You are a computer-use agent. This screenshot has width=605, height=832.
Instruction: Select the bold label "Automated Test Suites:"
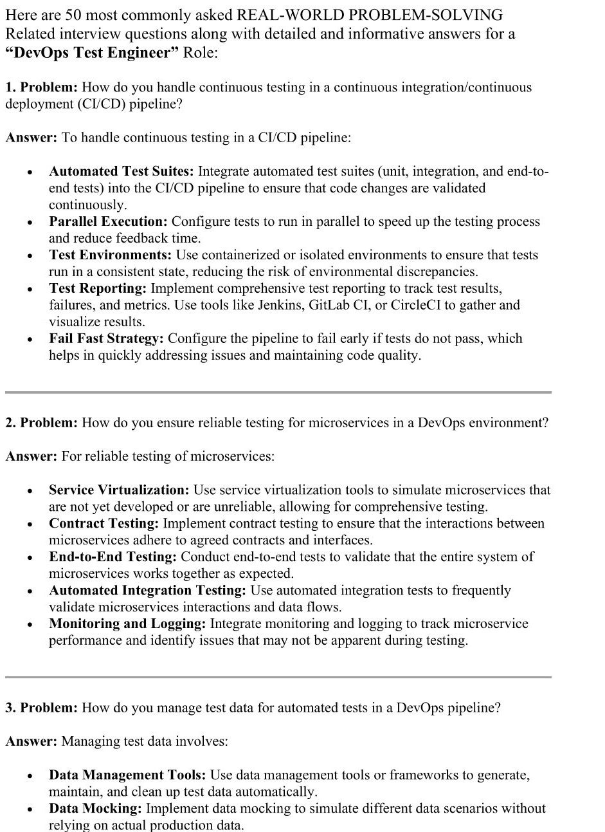click(121, 171)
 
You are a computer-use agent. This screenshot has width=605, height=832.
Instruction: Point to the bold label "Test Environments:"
click(110, 255)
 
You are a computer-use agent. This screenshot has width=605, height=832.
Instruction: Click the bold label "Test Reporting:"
click(98, 288)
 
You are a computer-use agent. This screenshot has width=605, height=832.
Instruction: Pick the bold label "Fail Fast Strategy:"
click(106, 338)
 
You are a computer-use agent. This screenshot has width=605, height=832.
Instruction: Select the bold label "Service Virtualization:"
click(119, 490)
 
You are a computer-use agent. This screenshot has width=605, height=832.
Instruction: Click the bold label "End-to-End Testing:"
click(113, 557)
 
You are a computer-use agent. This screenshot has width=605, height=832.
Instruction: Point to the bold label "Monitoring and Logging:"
click(127, 624)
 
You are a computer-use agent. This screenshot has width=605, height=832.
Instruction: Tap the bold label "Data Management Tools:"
click(127, 775)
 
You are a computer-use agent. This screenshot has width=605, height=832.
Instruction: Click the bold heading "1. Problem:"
click(42, 88)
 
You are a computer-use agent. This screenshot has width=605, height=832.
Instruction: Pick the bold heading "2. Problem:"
click(42, 423)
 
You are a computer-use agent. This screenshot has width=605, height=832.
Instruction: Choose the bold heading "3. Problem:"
click(42, 708)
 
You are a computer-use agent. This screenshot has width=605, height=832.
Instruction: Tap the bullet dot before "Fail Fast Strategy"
click(30, 340)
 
